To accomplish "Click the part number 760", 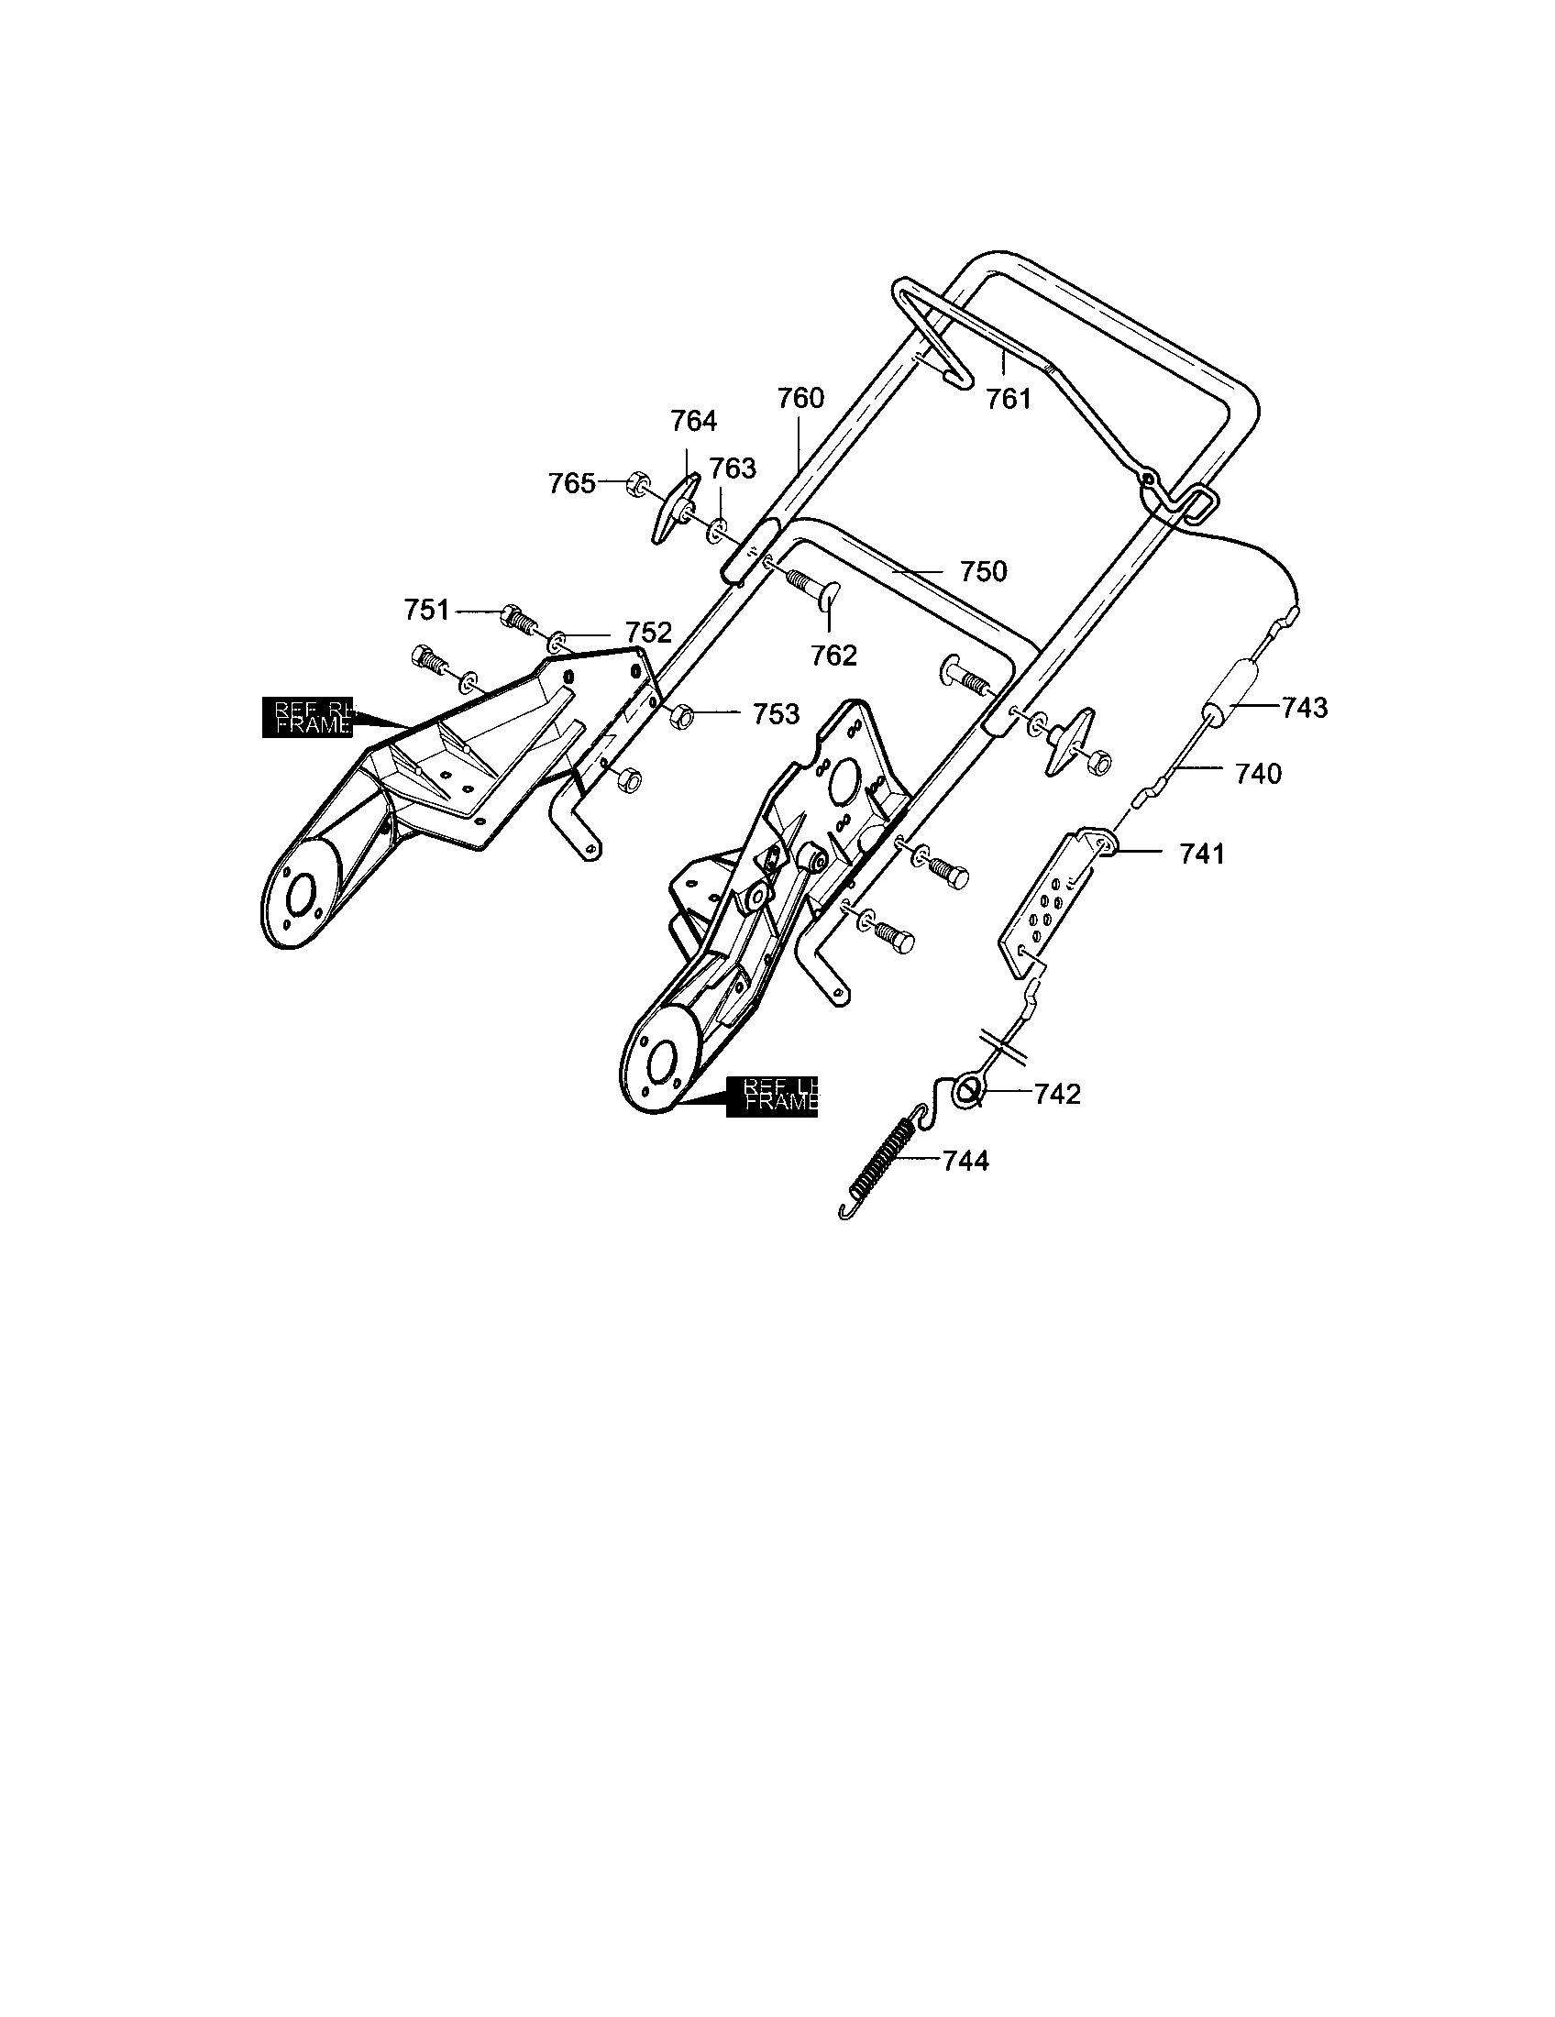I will (800, 399).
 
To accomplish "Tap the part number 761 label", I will (1008, 399).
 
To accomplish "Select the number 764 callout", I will (693, 421).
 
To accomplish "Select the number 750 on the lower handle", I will (984, 572).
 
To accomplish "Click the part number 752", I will (648, 633).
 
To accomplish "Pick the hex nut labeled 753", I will (681, 715).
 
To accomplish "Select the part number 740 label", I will (1258, 773).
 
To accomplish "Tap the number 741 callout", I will (1201, 854).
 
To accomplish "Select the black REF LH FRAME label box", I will (772, 1097).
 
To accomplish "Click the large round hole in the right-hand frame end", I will (300, 894).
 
